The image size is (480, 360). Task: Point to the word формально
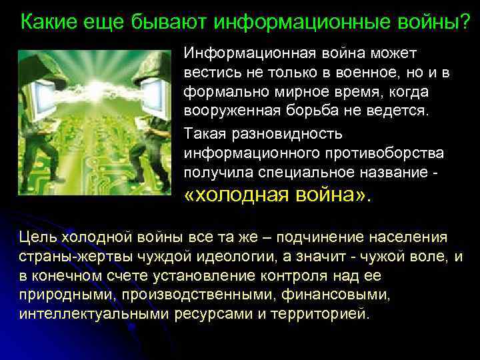tap(221, 91)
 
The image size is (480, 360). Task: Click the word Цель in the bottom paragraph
tap(38, 237)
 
